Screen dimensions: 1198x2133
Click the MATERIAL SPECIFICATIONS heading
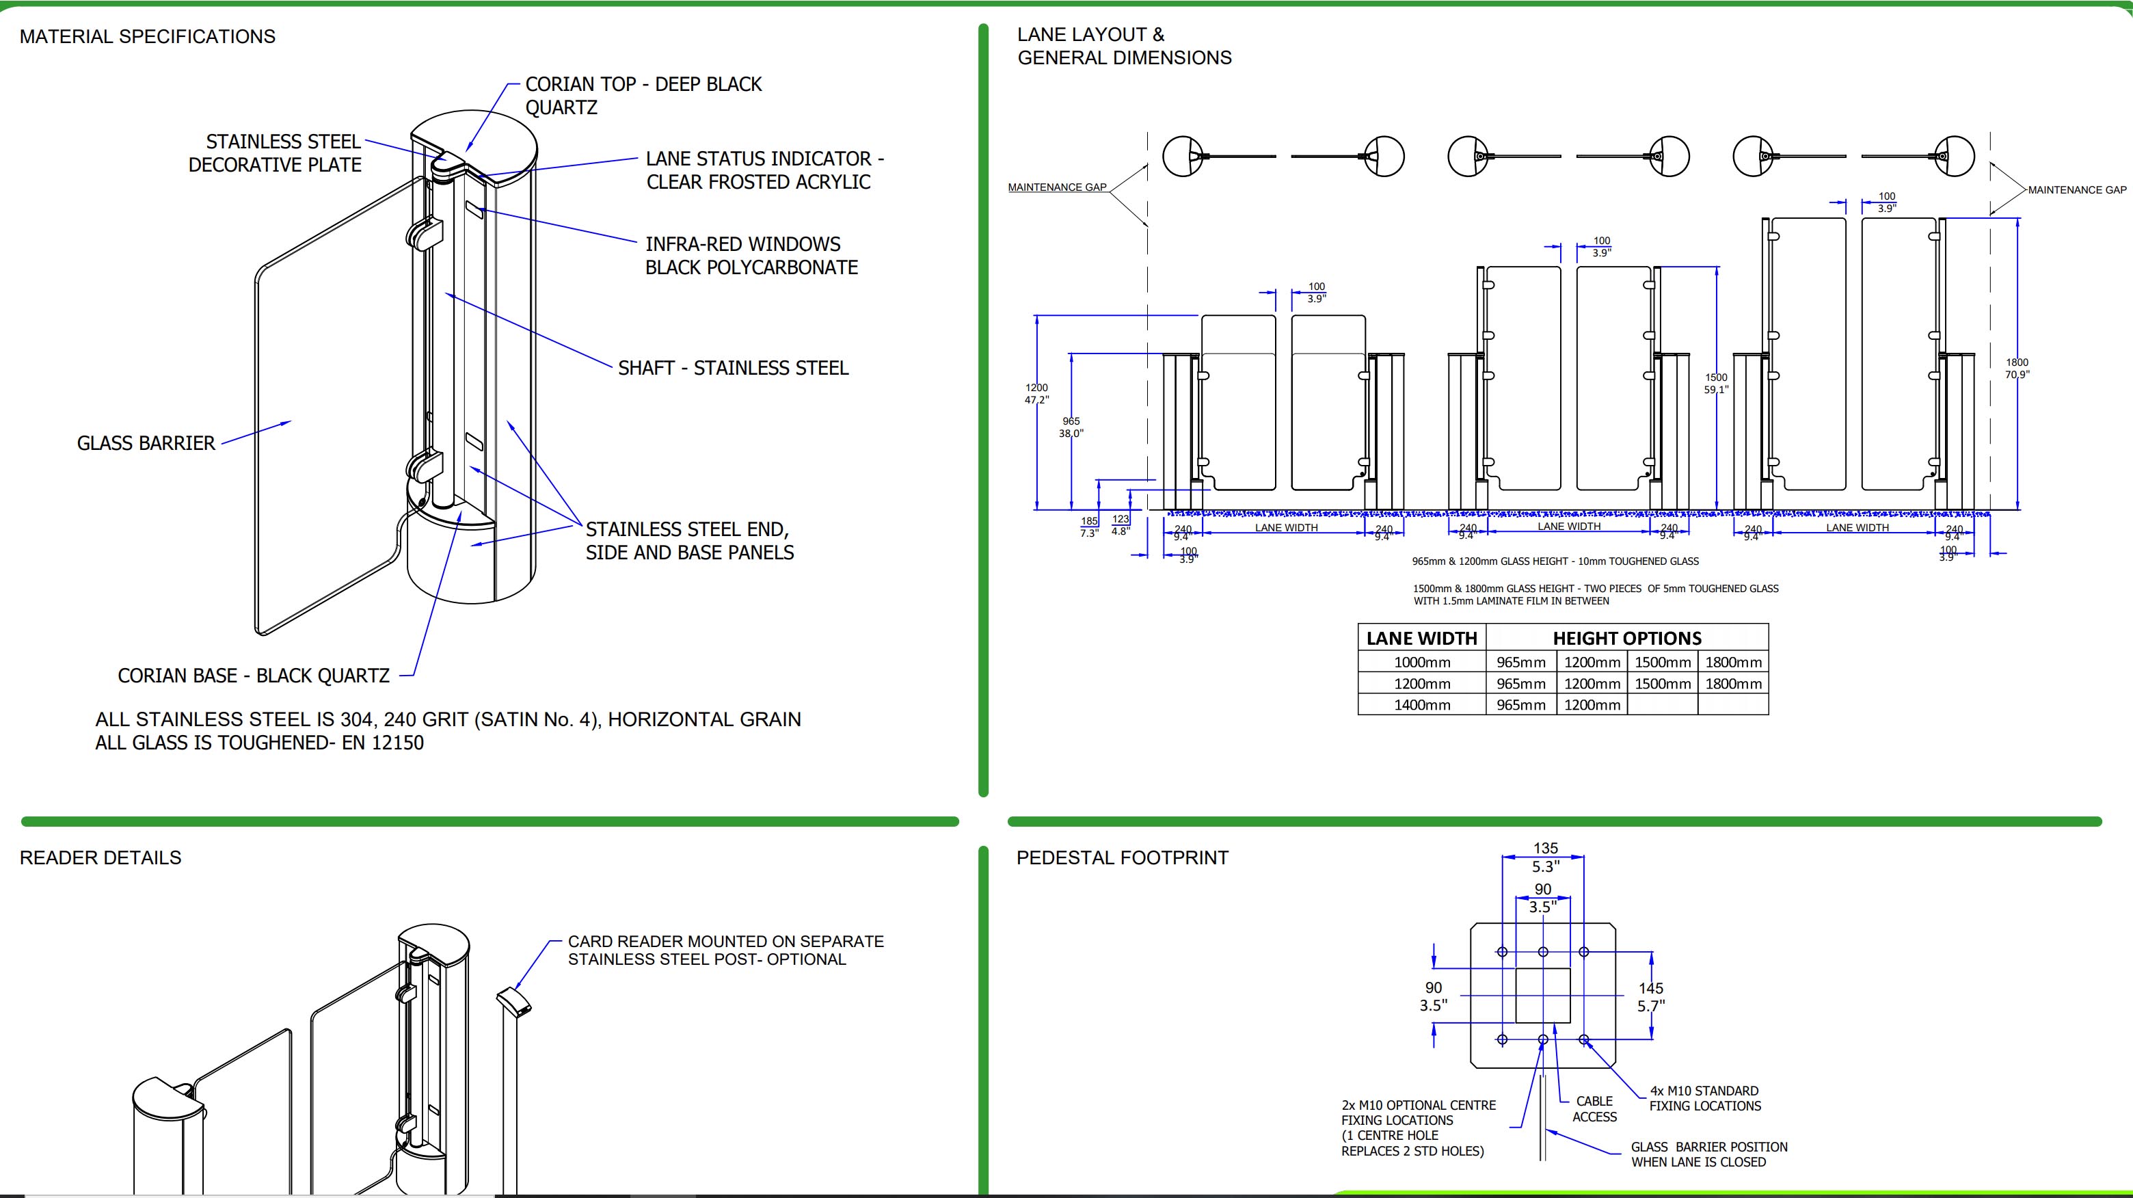point(148,36)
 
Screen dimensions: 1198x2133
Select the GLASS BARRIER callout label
point(146,443)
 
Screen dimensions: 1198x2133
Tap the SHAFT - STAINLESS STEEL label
point(733,368)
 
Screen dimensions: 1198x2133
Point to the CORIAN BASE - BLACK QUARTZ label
point(254,676)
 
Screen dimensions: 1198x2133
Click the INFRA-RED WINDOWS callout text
point(751,256)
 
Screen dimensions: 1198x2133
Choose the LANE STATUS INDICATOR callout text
point(764,170)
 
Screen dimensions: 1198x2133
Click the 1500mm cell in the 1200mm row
point(1662,684)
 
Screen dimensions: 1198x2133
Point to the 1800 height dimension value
point(2016,362)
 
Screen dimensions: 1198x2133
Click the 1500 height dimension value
point(1716,377)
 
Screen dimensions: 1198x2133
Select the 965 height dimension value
point(1071,421)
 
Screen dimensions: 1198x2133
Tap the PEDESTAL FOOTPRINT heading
point(1122,857)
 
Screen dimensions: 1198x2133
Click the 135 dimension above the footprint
point(1545,848)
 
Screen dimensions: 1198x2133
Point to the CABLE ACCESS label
point(1594,1108)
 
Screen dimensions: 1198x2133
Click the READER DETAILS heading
point(100,857)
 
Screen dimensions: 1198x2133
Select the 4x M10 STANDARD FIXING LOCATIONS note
point(1704,1097)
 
